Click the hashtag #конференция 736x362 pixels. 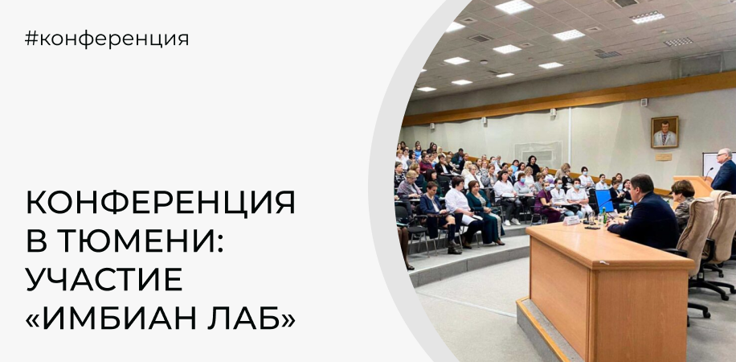107,39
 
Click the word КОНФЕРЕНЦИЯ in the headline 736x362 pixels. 160,203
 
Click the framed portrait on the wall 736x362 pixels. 664,132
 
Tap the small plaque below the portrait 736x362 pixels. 664,157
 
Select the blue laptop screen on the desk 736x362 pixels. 603,201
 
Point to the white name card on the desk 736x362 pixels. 571,220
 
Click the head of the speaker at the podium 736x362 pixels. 724,157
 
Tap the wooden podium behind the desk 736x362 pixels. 693,187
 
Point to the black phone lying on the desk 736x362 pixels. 592,228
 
